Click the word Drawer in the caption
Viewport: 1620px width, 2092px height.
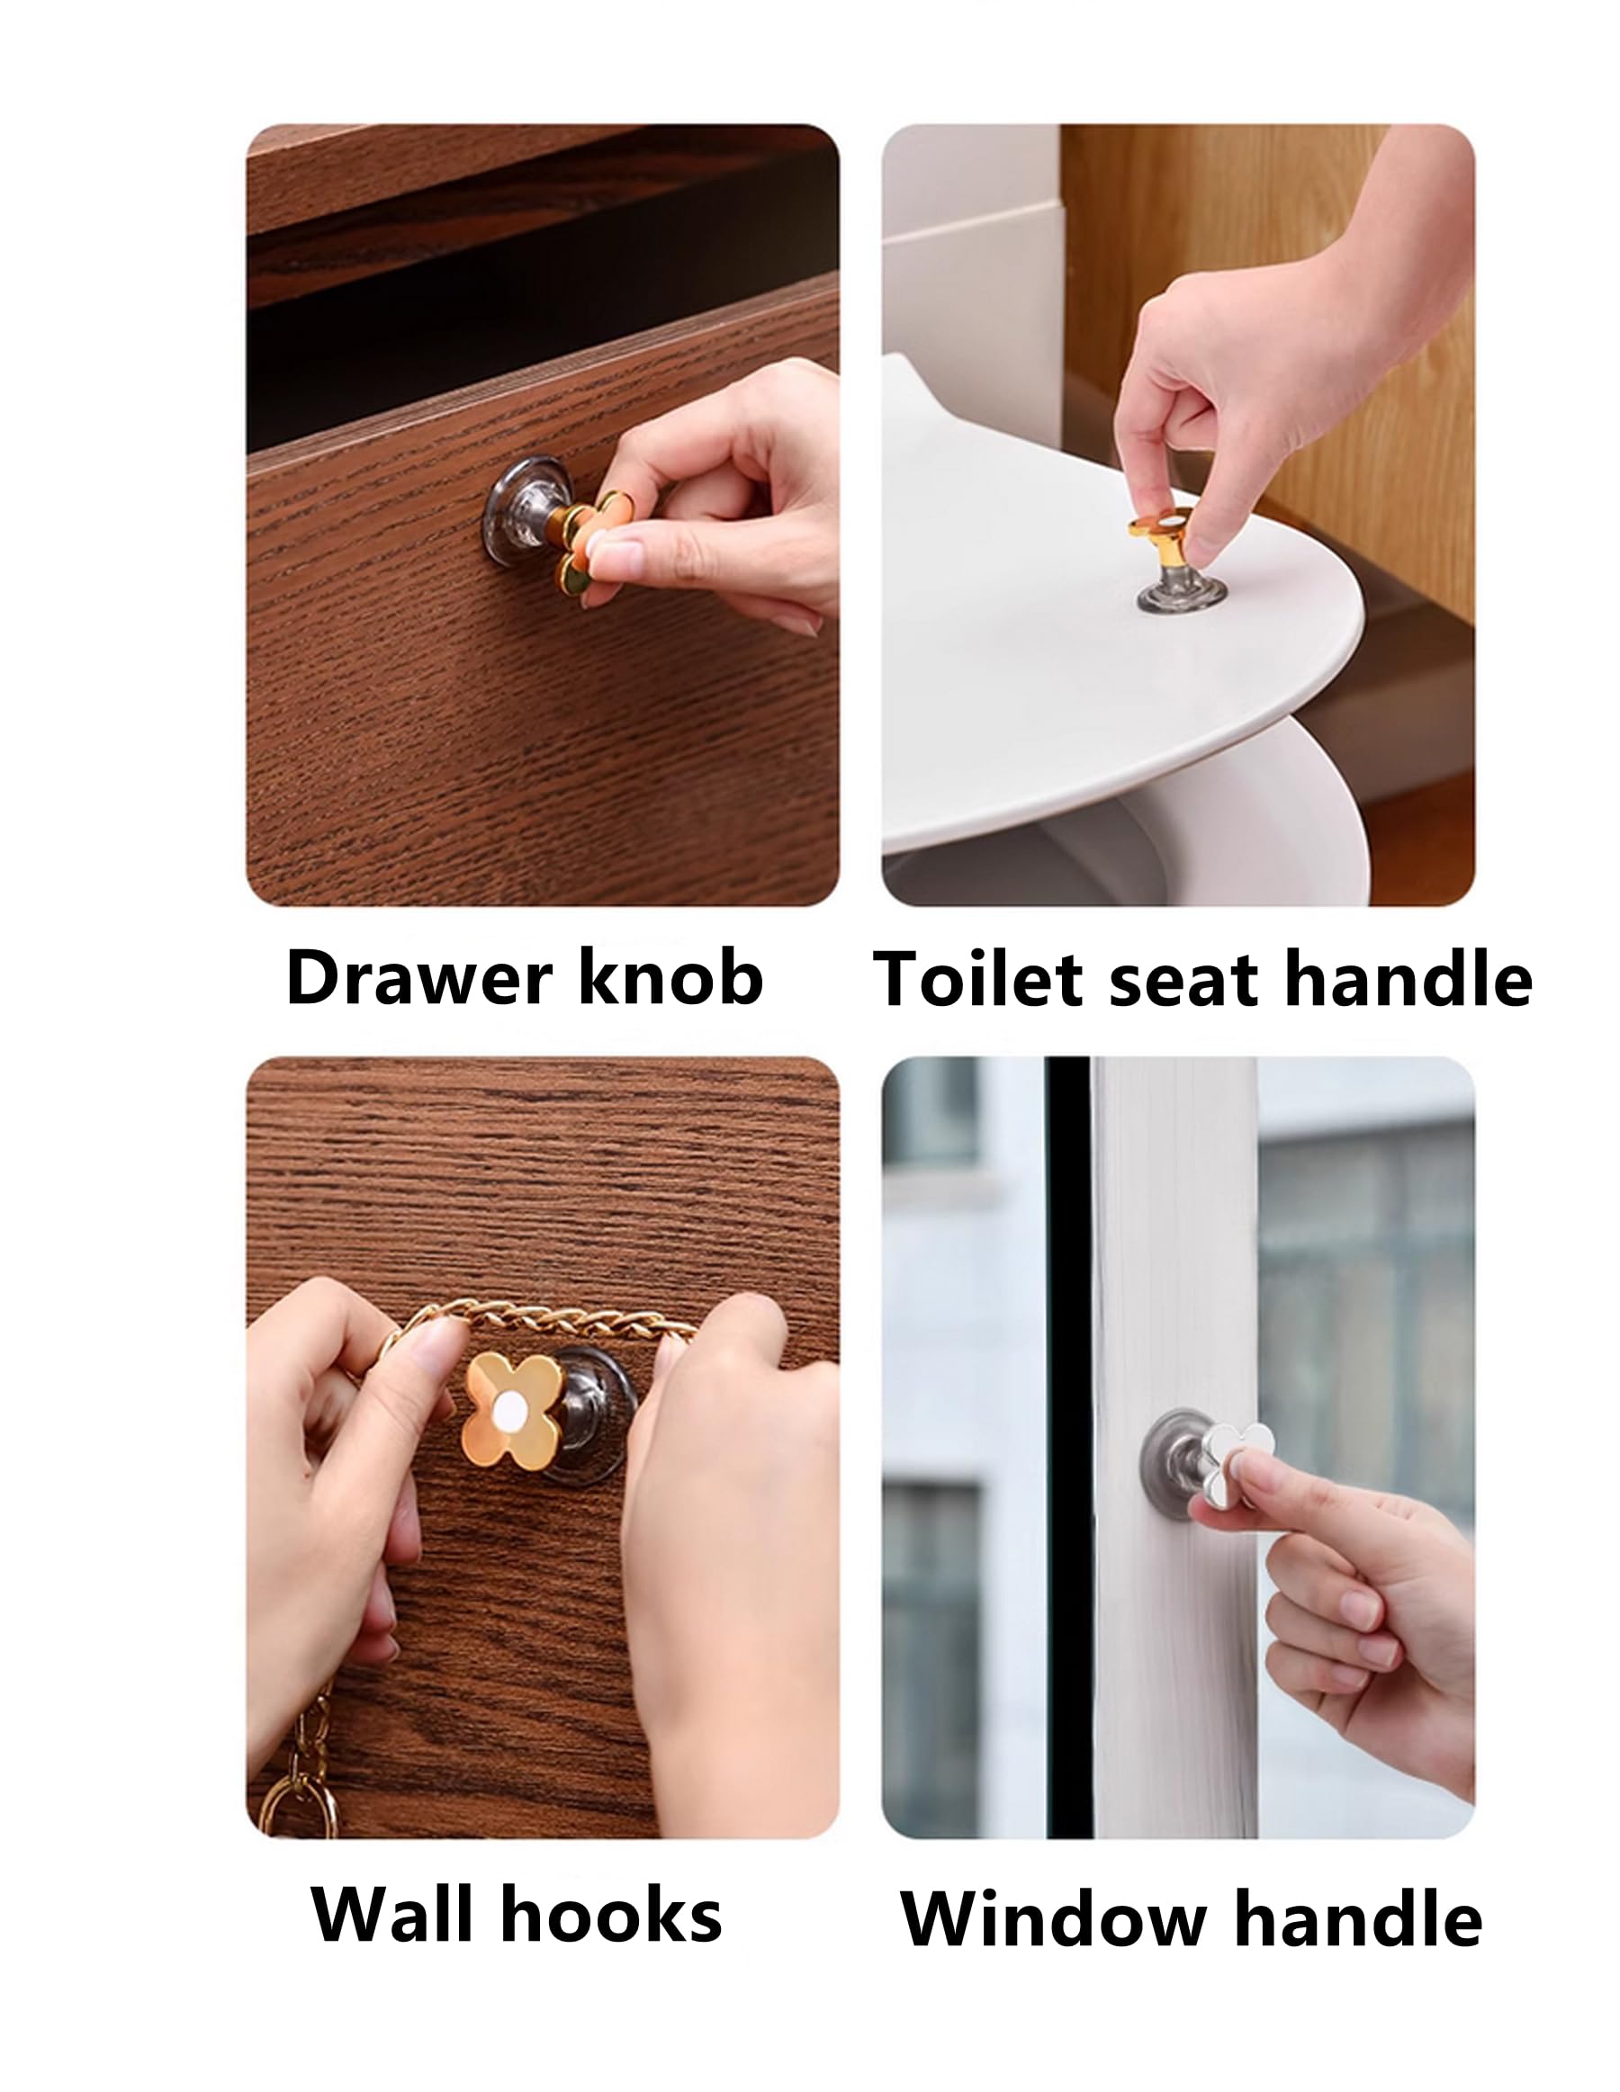[419, 978]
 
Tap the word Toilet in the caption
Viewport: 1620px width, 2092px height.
[977, 980]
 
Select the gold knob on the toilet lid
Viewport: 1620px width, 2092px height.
[1161, 536]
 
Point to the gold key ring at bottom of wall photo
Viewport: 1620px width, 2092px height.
[299, 1805]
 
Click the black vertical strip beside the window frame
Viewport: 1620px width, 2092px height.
[1067, 1437]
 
